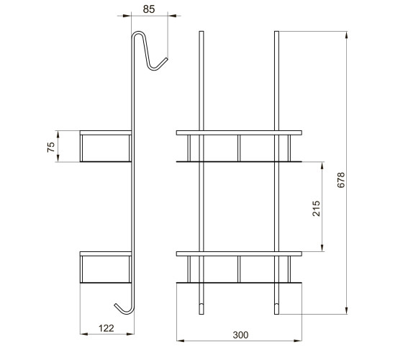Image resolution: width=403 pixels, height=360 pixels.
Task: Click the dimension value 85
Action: (x=149, y=9)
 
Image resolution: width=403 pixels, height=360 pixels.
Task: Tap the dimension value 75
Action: (x=51, y=147)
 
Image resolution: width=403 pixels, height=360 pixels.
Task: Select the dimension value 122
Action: (x=107, y=328)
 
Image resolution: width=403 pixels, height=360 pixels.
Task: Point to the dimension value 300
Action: (x=240, y=335)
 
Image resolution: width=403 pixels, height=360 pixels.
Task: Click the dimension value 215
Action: (x=317, y=209)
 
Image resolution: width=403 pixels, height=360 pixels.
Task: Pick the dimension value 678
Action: (x=341, y=180)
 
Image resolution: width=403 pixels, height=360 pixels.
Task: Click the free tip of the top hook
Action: (x=166, y=59)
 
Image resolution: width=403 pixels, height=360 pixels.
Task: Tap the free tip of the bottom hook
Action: (x=116, y=305)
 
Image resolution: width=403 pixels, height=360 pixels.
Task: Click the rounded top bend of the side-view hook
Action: (x=138, y=32)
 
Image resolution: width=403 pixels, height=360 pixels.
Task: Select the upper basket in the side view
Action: (x=106, y=146)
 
